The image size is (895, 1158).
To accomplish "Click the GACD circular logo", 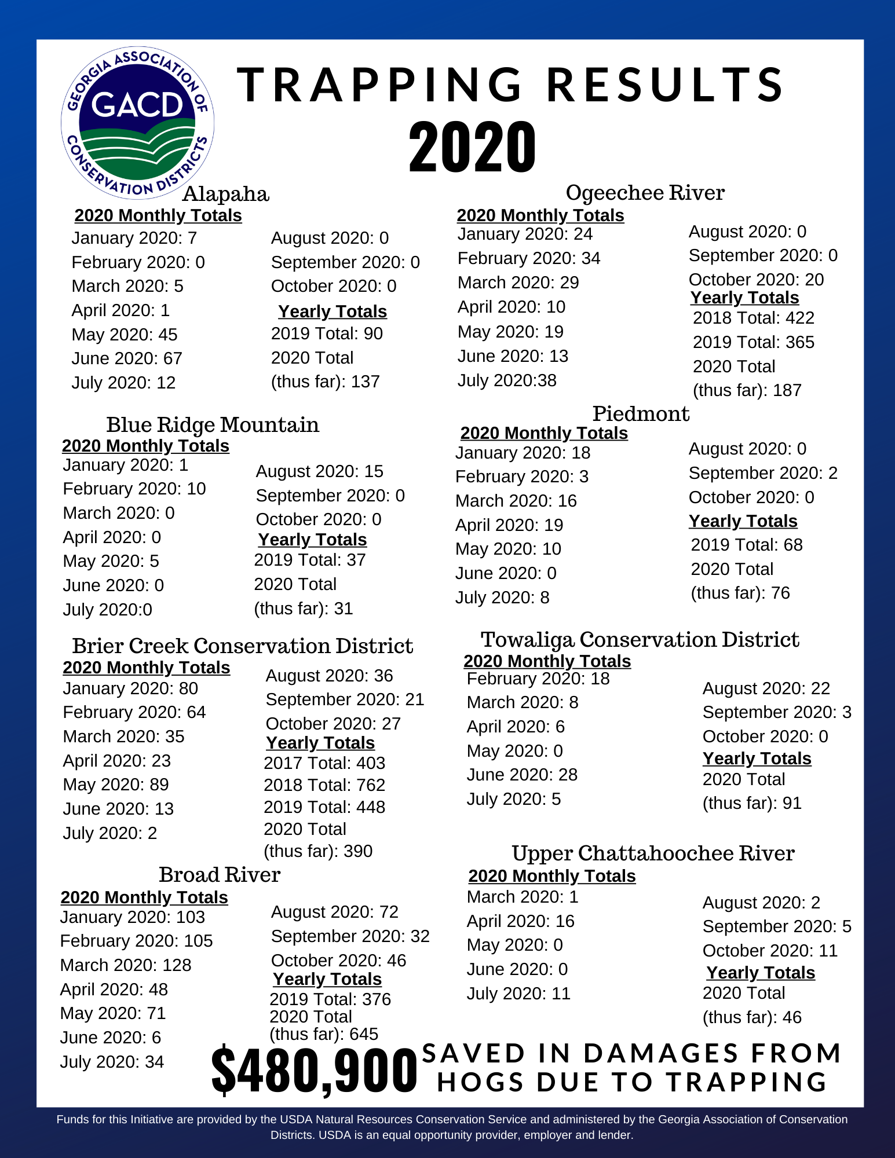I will click(x=137, y=123).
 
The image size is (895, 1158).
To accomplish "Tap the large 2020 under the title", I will click(x=472, y=147).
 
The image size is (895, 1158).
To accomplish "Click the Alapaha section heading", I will click(x=225, y=194).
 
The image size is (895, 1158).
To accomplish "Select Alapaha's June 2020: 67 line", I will click(x=127, y=358).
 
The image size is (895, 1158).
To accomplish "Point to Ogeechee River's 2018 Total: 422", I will click(x=754, y=318).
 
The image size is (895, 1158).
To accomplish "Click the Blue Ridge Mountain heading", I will click(x=213, y=424).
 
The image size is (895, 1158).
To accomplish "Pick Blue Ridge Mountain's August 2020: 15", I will click(x=319, y=471).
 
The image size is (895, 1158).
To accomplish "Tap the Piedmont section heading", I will click(x=641, y=413).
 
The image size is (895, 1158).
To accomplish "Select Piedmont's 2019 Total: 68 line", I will click(x=747, y=545).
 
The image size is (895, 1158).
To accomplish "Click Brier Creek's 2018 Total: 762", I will click(x=324, y=785).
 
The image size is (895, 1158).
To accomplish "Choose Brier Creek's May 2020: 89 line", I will click(x=116, y=785).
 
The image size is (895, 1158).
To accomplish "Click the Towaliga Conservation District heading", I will click(x=640, y=639).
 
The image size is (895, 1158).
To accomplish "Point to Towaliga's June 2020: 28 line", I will click(x=522, y=775).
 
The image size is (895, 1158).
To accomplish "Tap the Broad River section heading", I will click(x=220, y=874).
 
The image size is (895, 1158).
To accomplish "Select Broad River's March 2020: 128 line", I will click(x=126, y=965).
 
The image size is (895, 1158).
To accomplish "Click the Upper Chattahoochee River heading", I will click(x=653, y=853).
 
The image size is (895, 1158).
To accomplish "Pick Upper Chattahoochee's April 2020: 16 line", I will click(x=520, y=921).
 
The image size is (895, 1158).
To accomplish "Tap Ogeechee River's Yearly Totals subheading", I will click(x=744, y=298).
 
